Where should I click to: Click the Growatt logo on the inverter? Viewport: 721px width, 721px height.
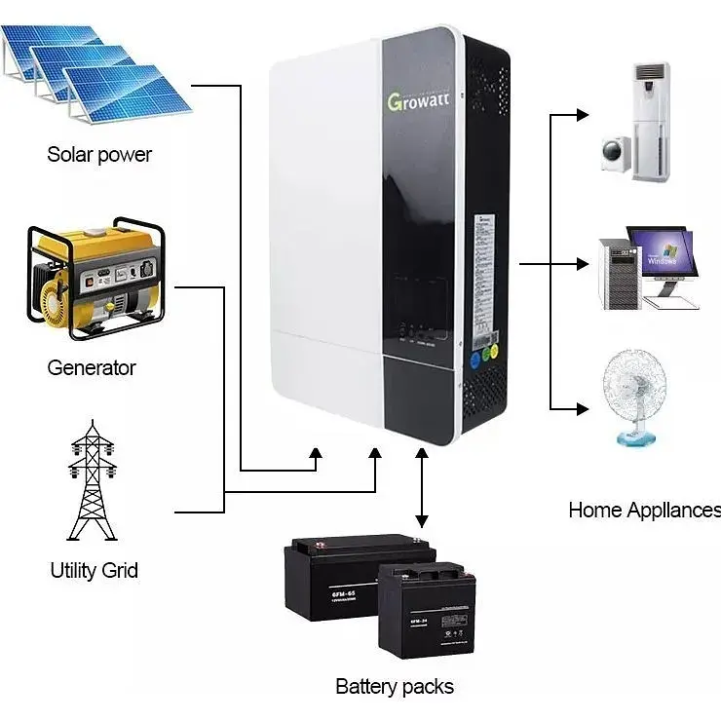pyautogui.click(x=424, y=99)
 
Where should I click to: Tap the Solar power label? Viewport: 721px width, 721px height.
pyautogui.click(x=99, y=154)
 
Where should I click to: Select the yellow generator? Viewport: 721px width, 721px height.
pyautogui.click(x=94, y=279)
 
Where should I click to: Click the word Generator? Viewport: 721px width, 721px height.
pyautogui.click(x=92, y=367)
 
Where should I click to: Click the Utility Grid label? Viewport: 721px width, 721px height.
pyautogui.click(x=94, y=570)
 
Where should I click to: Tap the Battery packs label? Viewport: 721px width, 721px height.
pyautogui.click(x=394, y=686)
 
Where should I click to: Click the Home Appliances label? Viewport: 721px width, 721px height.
pyautogui.click(x=644, y=511)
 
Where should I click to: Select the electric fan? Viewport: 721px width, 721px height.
pyautogui.click(x=634, y=396)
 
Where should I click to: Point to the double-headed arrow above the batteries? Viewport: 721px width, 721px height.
pyautogui.click(x=421, y=487)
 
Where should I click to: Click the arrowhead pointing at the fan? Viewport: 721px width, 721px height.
pyautogui.click(x=582, y=407)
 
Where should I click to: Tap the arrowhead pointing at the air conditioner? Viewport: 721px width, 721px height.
pyautogui.click(x=582, y=115)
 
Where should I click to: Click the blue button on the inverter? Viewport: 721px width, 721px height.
pyautogui.click(x=475, y=359)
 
